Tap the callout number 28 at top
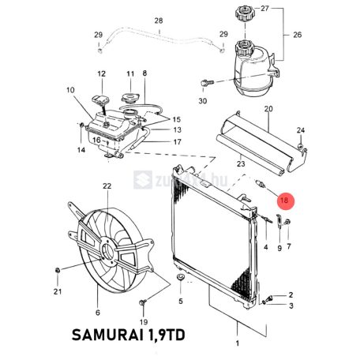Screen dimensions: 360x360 point(158,21)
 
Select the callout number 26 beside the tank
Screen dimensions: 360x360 point(297,36)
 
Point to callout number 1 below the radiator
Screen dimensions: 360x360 point(237,343)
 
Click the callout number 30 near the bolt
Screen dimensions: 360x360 point(203,101)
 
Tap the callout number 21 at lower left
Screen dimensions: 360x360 point(57,291)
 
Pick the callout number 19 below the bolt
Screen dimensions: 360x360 point(142,323)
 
